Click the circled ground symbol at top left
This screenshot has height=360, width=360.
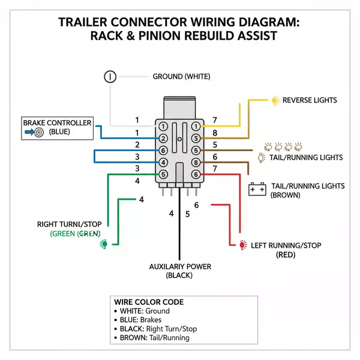pos(110,76)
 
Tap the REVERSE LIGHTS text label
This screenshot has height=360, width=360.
pos(310,100)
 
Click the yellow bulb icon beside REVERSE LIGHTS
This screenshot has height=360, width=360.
pos(275,100)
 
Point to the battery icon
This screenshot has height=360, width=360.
pos(257,189)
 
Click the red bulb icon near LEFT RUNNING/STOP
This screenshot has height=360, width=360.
pos(242,245)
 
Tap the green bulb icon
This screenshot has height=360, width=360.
pos(104,244)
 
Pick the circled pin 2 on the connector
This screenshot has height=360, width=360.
pos(163,139)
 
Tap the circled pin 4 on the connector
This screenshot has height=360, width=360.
pos(163,163)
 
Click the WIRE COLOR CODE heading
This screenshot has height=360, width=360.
pos(148,302)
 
